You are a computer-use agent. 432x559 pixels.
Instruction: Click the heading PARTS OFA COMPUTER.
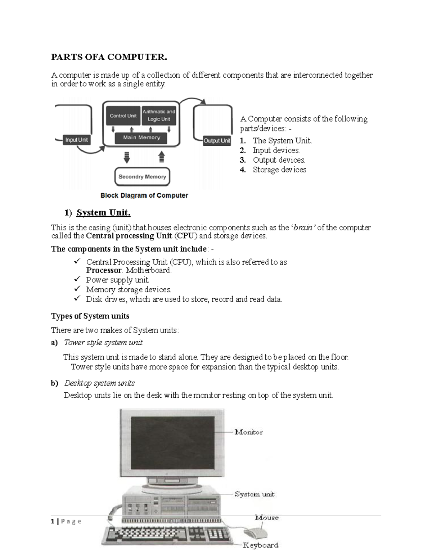pyautogui.click(x=109, y=57)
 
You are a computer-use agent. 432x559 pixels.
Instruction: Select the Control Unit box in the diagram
pyautogui.click(x=123, y=116)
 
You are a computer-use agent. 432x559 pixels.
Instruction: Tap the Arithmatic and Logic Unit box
pyautogui.click(x=159, y=116)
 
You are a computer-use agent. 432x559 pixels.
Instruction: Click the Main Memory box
pyautogui.click(x=141, y=138)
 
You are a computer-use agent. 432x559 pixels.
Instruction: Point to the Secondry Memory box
pyautogui.click(x=142, y=177)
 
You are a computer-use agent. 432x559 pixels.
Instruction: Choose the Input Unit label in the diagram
pyautogui.click(x=76, y=140)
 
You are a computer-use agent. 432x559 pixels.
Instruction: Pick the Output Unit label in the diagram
pyautogui.click(x=217, y=141)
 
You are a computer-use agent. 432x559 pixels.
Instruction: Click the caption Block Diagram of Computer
pyautogui.click(x=144, y=196)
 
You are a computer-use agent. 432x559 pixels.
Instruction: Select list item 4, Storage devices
pyautogui.click(x=279, y=170)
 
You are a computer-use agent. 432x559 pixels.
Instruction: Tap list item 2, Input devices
pyautogui.click(x=276, y=150)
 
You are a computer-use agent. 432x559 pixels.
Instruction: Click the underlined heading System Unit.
pyautogui.click(x=103, y=213)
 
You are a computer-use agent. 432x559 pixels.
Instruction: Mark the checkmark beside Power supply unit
pyautogui.click(x=77, y=279)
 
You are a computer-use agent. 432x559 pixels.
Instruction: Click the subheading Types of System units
pyautogui.click(x=90, y=316)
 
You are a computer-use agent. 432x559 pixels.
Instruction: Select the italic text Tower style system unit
pyautogui.click(x=103, y=343)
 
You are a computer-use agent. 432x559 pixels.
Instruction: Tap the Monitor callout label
pyautogui.click(x=248, y=432)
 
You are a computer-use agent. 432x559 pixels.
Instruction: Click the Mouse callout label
pyautogui.click(x=267, y=518)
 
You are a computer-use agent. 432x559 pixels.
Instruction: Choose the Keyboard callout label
pyautogui.click(x=260, y=545)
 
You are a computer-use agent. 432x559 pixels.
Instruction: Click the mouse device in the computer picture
pyautogui.click(x=255, y=532)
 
